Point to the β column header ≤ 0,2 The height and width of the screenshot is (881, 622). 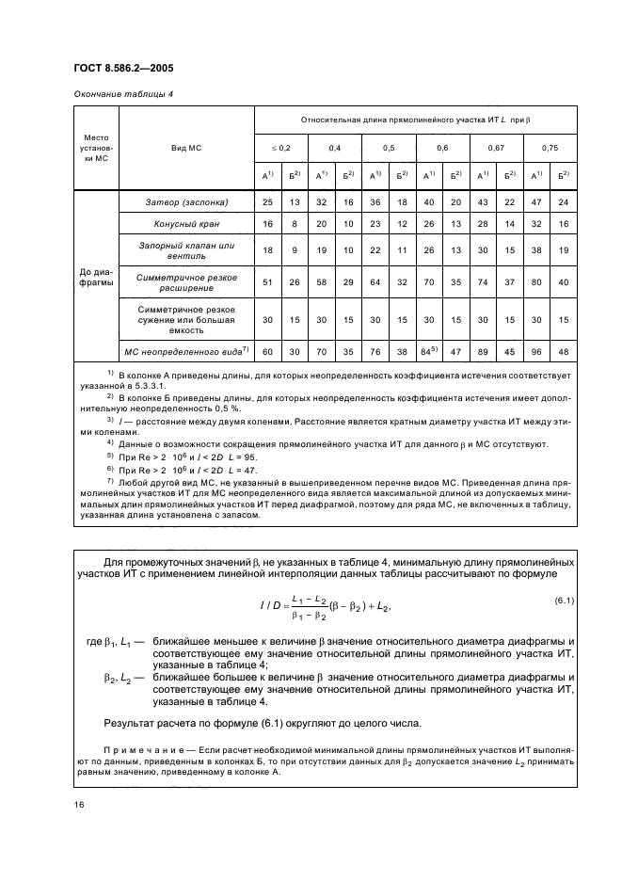click(x=281, y=149)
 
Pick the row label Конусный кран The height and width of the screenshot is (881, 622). click(x=186, y=224)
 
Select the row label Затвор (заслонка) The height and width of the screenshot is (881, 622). click(x=186, y=201)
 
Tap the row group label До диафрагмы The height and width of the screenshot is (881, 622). click(x=94, y=276)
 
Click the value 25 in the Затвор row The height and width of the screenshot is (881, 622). click(x=267, y=201)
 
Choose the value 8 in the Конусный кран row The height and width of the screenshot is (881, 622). click(x=295, y=224)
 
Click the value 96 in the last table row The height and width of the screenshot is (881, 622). click(x=535, y=351)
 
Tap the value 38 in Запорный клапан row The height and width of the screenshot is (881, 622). click(x=535, y=250)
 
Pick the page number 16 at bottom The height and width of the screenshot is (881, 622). click(x=80, y=804)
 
